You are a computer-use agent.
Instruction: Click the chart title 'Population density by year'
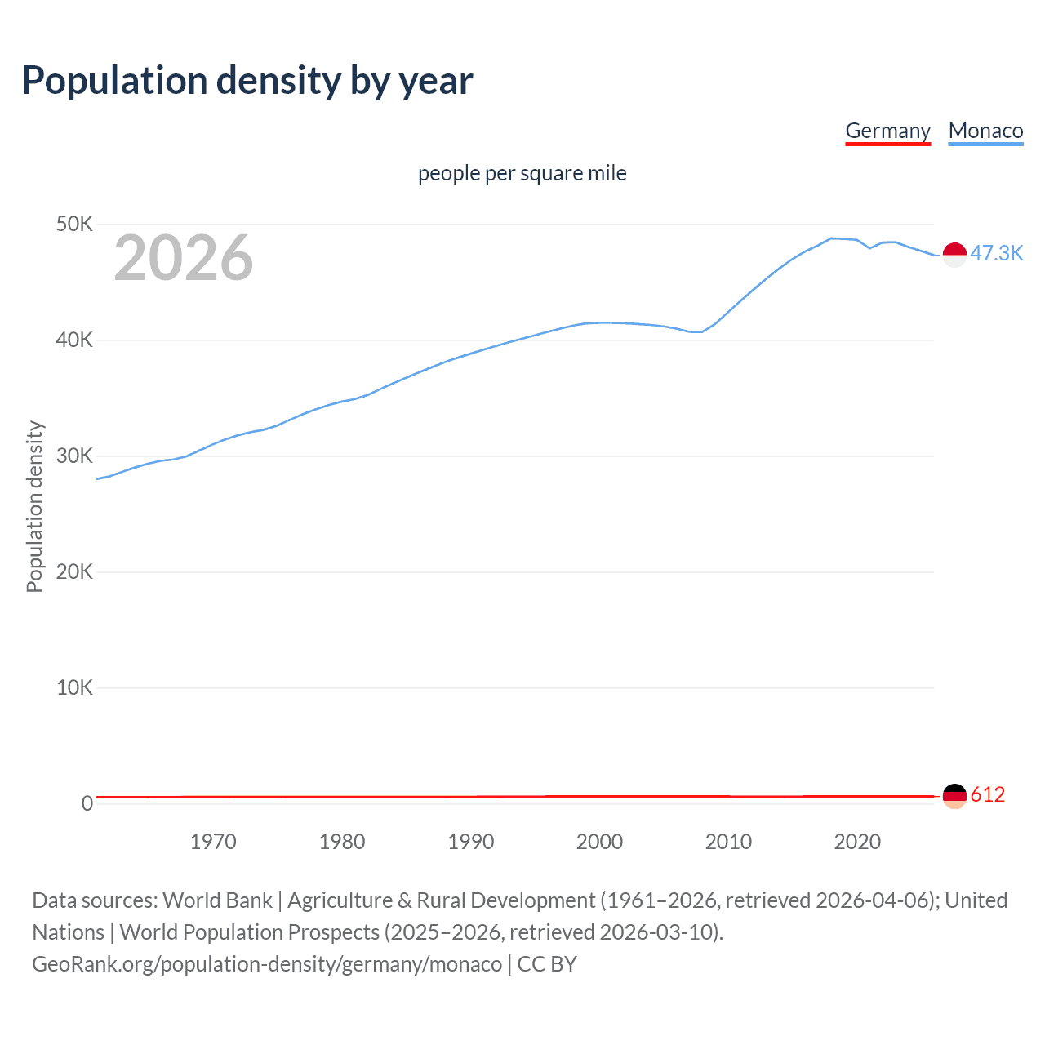point(247,81)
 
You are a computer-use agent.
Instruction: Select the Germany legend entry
point(887,131)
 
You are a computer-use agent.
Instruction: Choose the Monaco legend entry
point(985,131)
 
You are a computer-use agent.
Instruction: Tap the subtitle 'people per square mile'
point(522,173)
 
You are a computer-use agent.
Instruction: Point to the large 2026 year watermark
point(184,258)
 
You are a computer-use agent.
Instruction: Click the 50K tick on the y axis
point(74,224)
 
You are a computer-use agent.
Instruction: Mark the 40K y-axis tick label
point(74,340)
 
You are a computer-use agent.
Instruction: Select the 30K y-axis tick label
point(74,456)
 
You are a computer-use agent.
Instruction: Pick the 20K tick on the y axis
point(74,571)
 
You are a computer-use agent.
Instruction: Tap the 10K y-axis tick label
point(74,687)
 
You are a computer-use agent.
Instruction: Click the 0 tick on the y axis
point(87,803)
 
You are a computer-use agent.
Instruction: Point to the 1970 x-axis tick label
point(213,842)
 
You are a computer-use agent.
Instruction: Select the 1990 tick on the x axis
point(471,842)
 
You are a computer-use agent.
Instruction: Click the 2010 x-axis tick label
point(728,842)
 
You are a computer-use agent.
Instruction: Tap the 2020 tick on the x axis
point(857,842)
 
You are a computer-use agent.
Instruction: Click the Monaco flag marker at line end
point(954,255)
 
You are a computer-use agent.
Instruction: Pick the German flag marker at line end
point(954,795)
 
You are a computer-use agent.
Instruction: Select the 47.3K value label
point(996,253)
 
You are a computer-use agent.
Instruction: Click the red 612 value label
point(988,794)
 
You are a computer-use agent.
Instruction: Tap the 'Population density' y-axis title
point(34,506)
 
